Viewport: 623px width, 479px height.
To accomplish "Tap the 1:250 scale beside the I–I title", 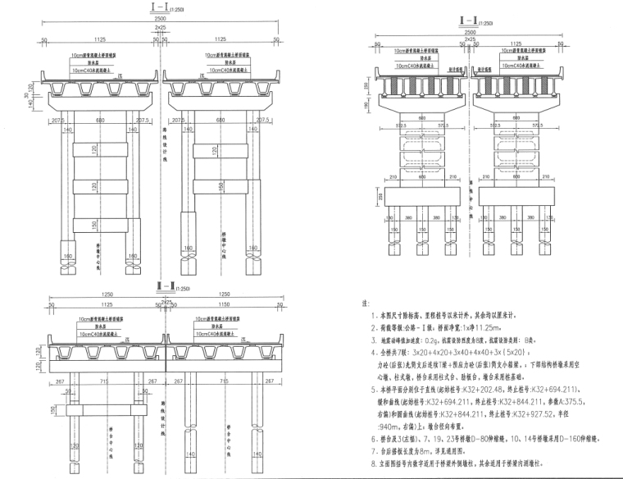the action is [x=169, y=10].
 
